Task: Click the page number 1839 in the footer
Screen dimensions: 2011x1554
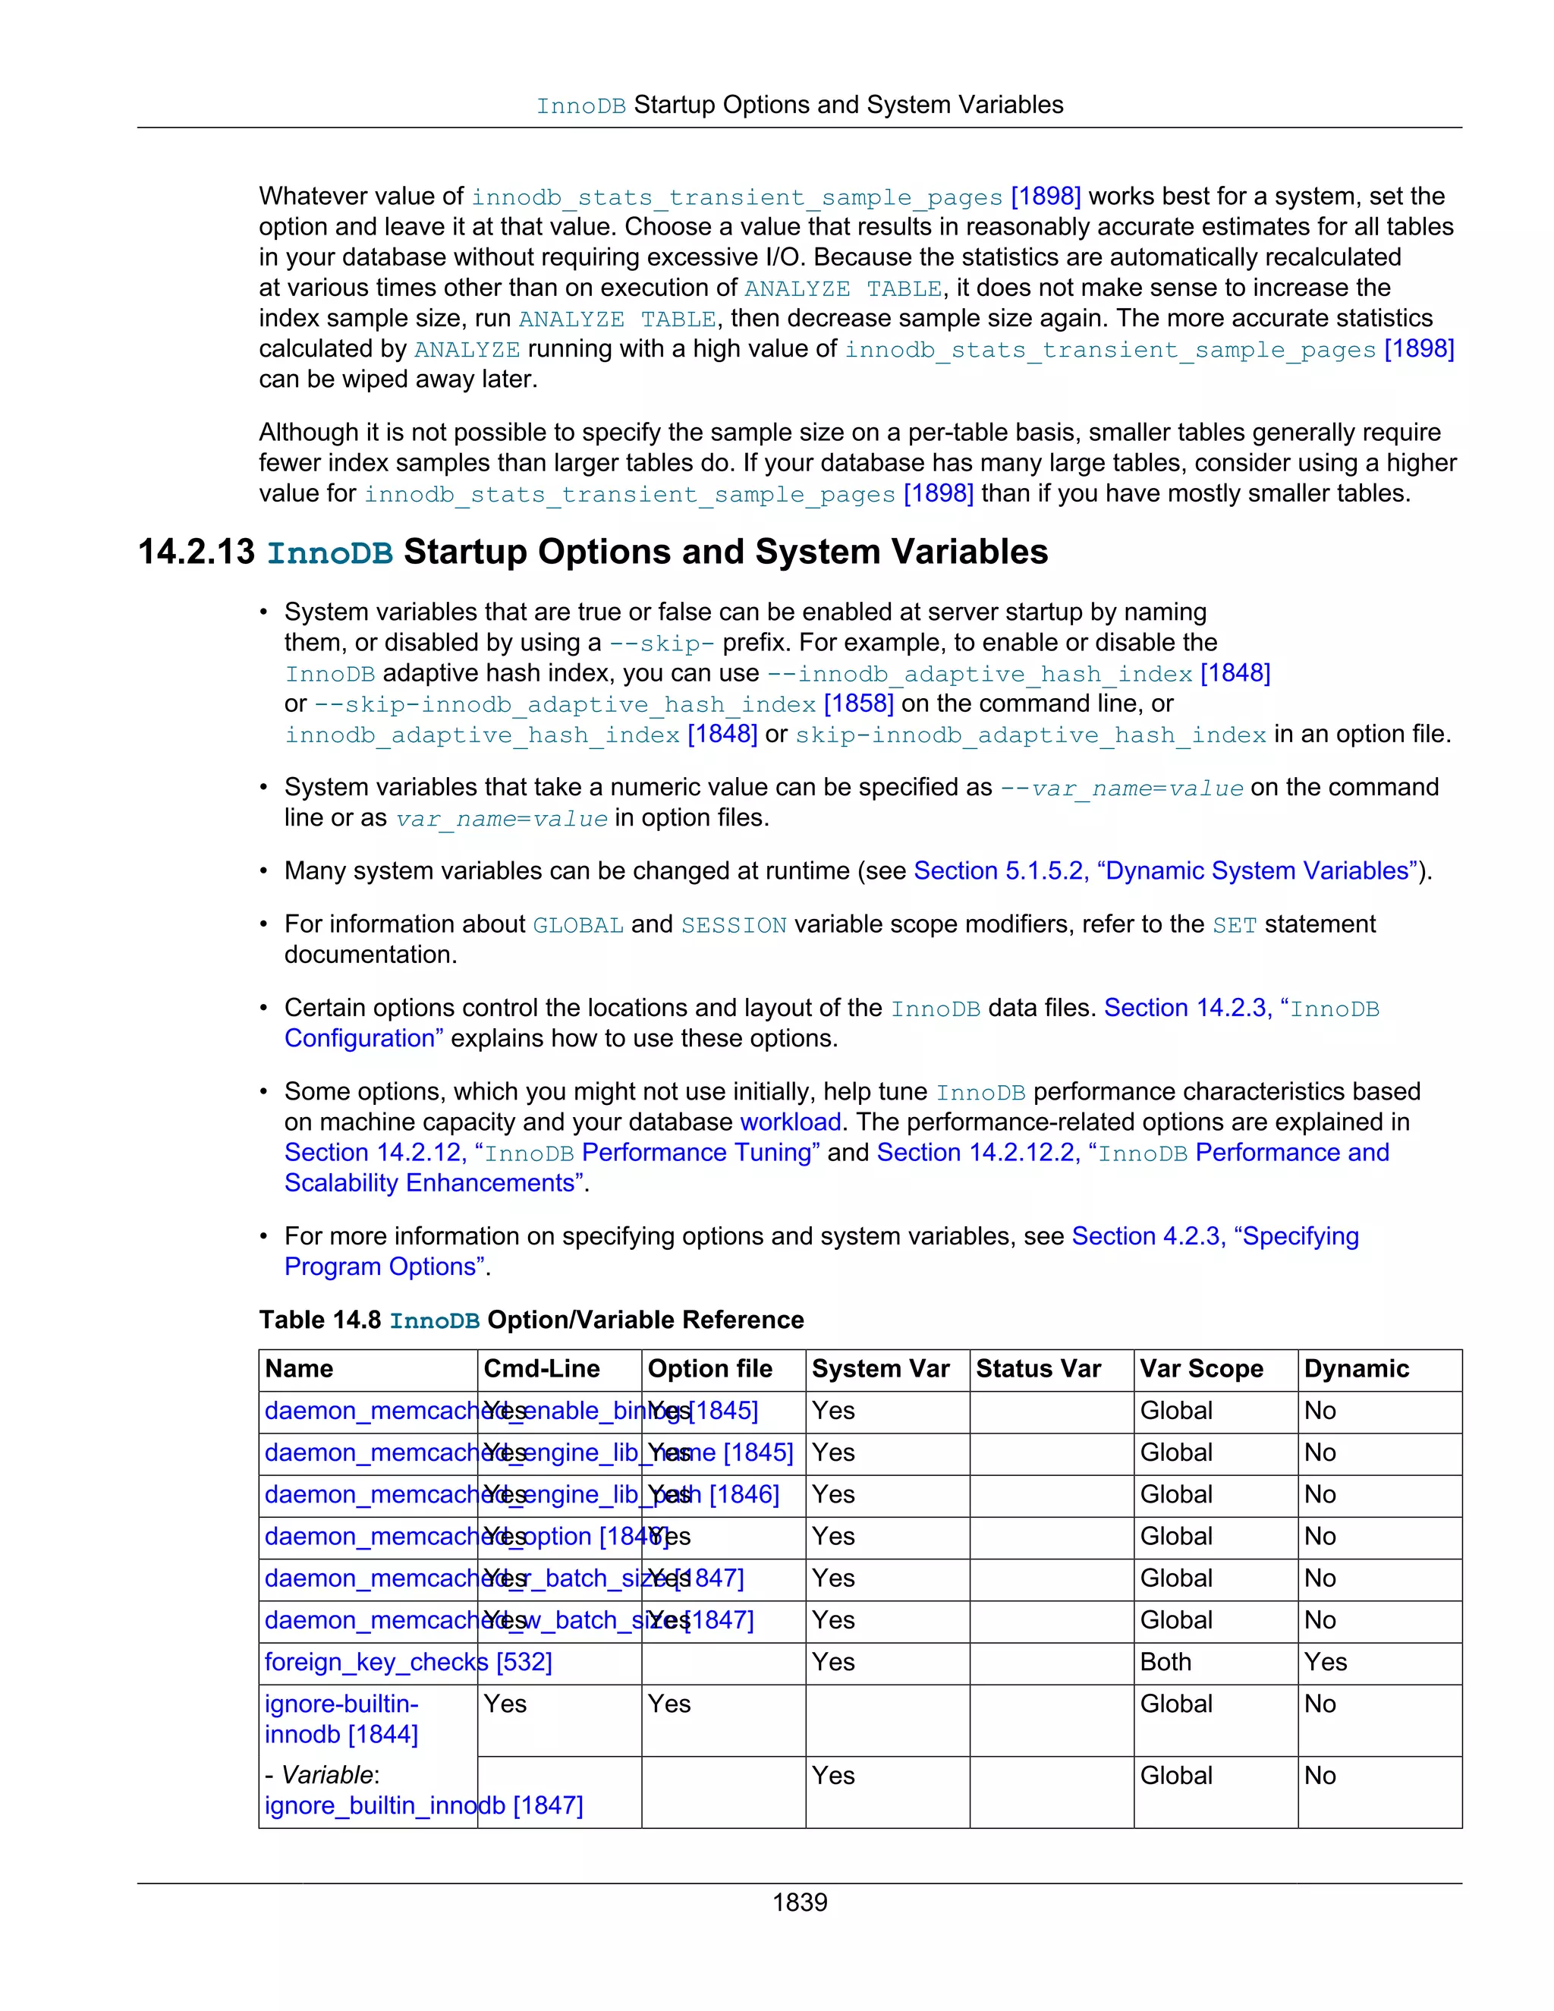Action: click(x=799, y=1902)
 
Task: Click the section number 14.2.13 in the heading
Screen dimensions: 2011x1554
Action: click(x=196, y=552)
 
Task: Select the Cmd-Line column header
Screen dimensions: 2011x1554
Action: click(x=541, y=1369)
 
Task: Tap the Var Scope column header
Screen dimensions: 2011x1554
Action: click(x=1200, y=1369)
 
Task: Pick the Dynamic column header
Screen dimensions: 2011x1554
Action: click(x=1356, y=1369)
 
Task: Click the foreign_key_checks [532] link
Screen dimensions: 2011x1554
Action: click(x=407, y=1662)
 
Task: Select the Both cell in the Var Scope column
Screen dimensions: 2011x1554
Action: click(x=1165, y=1662)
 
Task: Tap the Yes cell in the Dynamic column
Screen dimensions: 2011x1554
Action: click(x=1325, y=1662)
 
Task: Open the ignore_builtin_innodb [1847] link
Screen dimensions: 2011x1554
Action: click(x=423, y=1805)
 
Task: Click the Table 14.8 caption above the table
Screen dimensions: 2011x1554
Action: click(x=531, y=1320)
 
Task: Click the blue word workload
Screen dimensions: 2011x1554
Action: click(x=790, y=1122)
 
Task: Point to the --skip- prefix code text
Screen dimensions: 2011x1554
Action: click(x=661, y=644)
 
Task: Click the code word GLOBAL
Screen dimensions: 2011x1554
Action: click(x=578, y=925)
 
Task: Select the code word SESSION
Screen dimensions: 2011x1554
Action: click(x=733, y=925)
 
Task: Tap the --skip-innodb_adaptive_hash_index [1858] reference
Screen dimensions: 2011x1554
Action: click(x=603, y=704)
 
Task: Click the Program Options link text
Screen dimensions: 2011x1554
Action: click(x=384, y=1267)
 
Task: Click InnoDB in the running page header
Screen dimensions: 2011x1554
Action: click(x=581, y=106)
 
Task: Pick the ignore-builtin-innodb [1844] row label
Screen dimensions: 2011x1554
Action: click(x=341, y=1719)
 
